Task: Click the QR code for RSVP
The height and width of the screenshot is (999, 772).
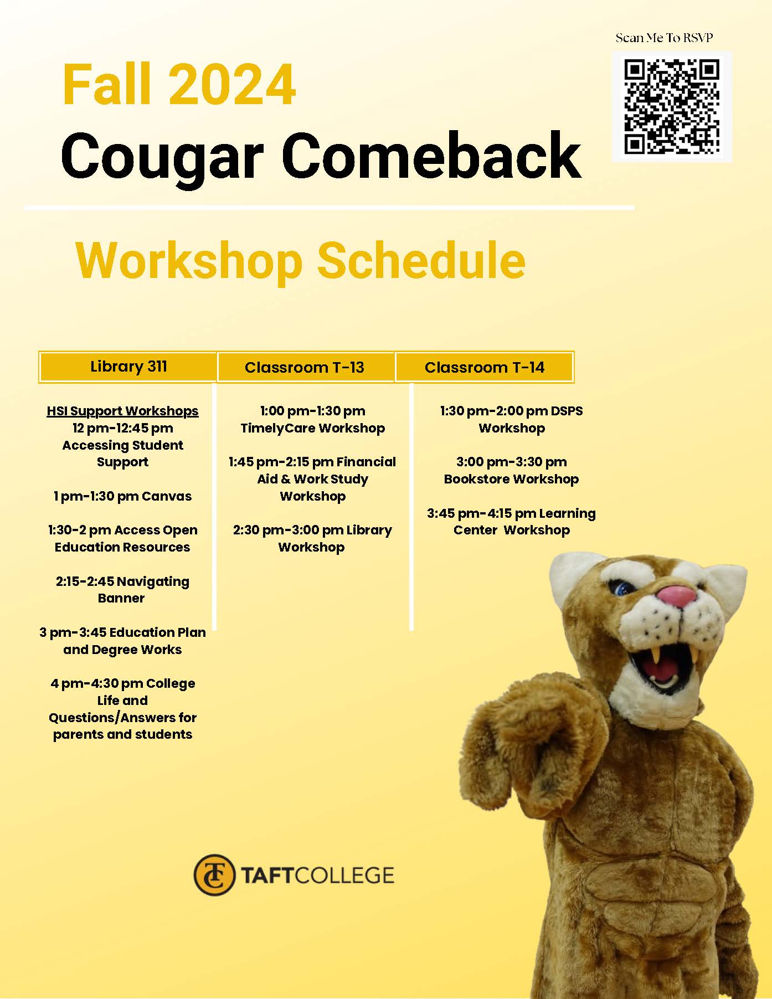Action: (672, 107)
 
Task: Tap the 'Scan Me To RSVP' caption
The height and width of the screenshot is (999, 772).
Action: (664, 38)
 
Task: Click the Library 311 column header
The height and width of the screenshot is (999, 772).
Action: (128, 367)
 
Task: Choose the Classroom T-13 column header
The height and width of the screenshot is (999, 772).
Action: (305, 367)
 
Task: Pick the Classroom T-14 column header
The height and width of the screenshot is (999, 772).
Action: (485, 367)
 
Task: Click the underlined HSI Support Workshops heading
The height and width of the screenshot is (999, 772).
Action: (122, 411)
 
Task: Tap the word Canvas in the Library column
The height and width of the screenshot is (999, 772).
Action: (167, 496)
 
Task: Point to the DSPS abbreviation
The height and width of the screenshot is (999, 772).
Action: (567, 411)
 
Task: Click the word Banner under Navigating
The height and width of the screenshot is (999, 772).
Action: (121, 598)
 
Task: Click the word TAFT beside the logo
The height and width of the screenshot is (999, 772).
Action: (266, 876)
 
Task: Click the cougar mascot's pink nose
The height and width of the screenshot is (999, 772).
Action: (677, 596)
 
